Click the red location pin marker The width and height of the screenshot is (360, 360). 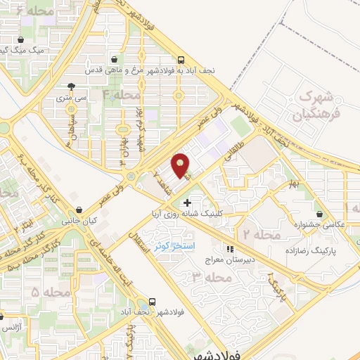(x=181, y=165)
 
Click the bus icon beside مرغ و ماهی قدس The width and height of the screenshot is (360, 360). (x=181, y=60)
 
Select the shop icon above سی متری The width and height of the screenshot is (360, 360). (x=71, y=87)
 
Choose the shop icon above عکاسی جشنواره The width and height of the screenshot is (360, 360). (x=321, y=214)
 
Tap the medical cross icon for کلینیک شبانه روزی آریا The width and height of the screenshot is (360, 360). (x=186, y=202)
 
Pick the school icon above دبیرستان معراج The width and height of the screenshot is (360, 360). (x=229, y=248)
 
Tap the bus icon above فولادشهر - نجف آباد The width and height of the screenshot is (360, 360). (x=153, y=297)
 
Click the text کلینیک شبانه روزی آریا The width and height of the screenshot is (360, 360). (x=232, y=212)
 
